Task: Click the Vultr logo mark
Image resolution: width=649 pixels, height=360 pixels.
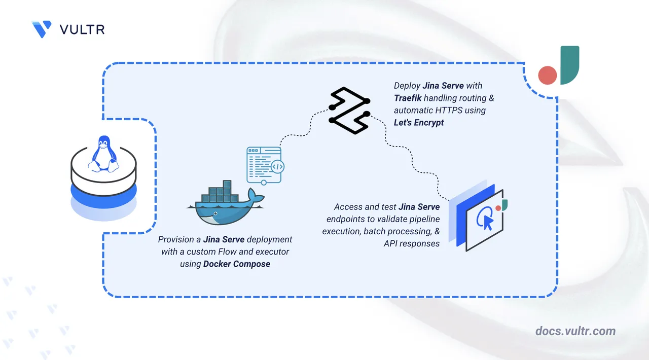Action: (x=42, y=29)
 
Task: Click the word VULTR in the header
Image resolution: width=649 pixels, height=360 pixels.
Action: (x=82, y=29)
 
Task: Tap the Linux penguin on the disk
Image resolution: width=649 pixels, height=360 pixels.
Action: (x=103, y=152)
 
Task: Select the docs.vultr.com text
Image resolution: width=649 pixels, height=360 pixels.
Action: (x=575, y=331)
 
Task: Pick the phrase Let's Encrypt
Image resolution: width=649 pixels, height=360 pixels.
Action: (x=419, y=122)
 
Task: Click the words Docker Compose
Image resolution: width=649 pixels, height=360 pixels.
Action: (x=237, y=264)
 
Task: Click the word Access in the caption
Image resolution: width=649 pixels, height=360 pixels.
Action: (x=348, y=207)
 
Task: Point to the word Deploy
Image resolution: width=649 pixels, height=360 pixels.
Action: (x=407, y=86)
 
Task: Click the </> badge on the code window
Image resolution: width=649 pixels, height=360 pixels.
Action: (x=277, y=166)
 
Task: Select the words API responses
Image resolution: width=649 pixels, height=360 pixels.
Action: (x=411, y=243)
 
